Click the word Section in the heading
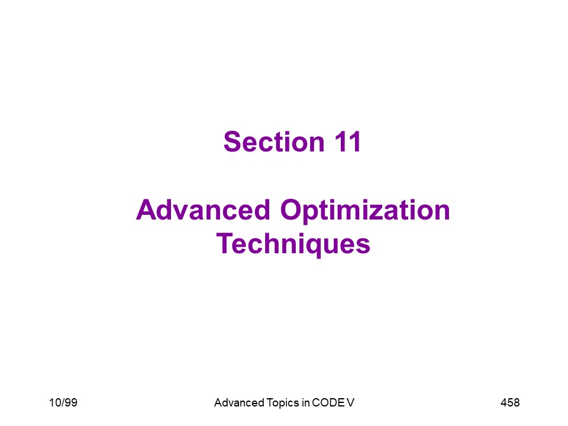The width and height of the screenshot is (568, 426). tap(274, 141)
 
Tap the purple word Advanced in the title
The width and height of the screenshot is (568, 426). tap(203, 209)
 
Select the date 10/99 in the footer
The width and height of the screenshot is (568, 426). tap(63, 402)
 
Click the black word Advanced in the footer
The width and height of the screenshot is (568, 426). tap(239, 402)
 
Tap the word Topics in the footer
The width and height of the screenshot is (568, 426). tap(283, 403)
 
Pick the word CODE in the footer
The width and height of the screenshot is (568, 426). tap(328, 402)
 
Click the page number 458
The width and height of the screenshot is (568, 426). tap(510, 402)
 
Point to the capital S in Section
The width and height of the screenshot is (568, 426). tap(233, 141)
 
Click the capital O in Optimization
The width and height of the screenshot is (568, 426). tap(292, 209)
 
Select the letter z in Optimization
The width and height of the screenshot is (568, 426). tap(388, 213)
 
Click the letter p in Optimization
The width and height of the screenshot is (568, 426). tap(314, 216)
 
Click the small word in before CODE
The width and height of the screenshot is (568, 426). tap(305, 402)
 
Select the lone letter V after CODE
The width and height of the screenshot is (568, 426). tap(350, 402)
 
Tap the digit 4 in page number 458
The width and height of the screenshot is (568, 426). tap(504, 402)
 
